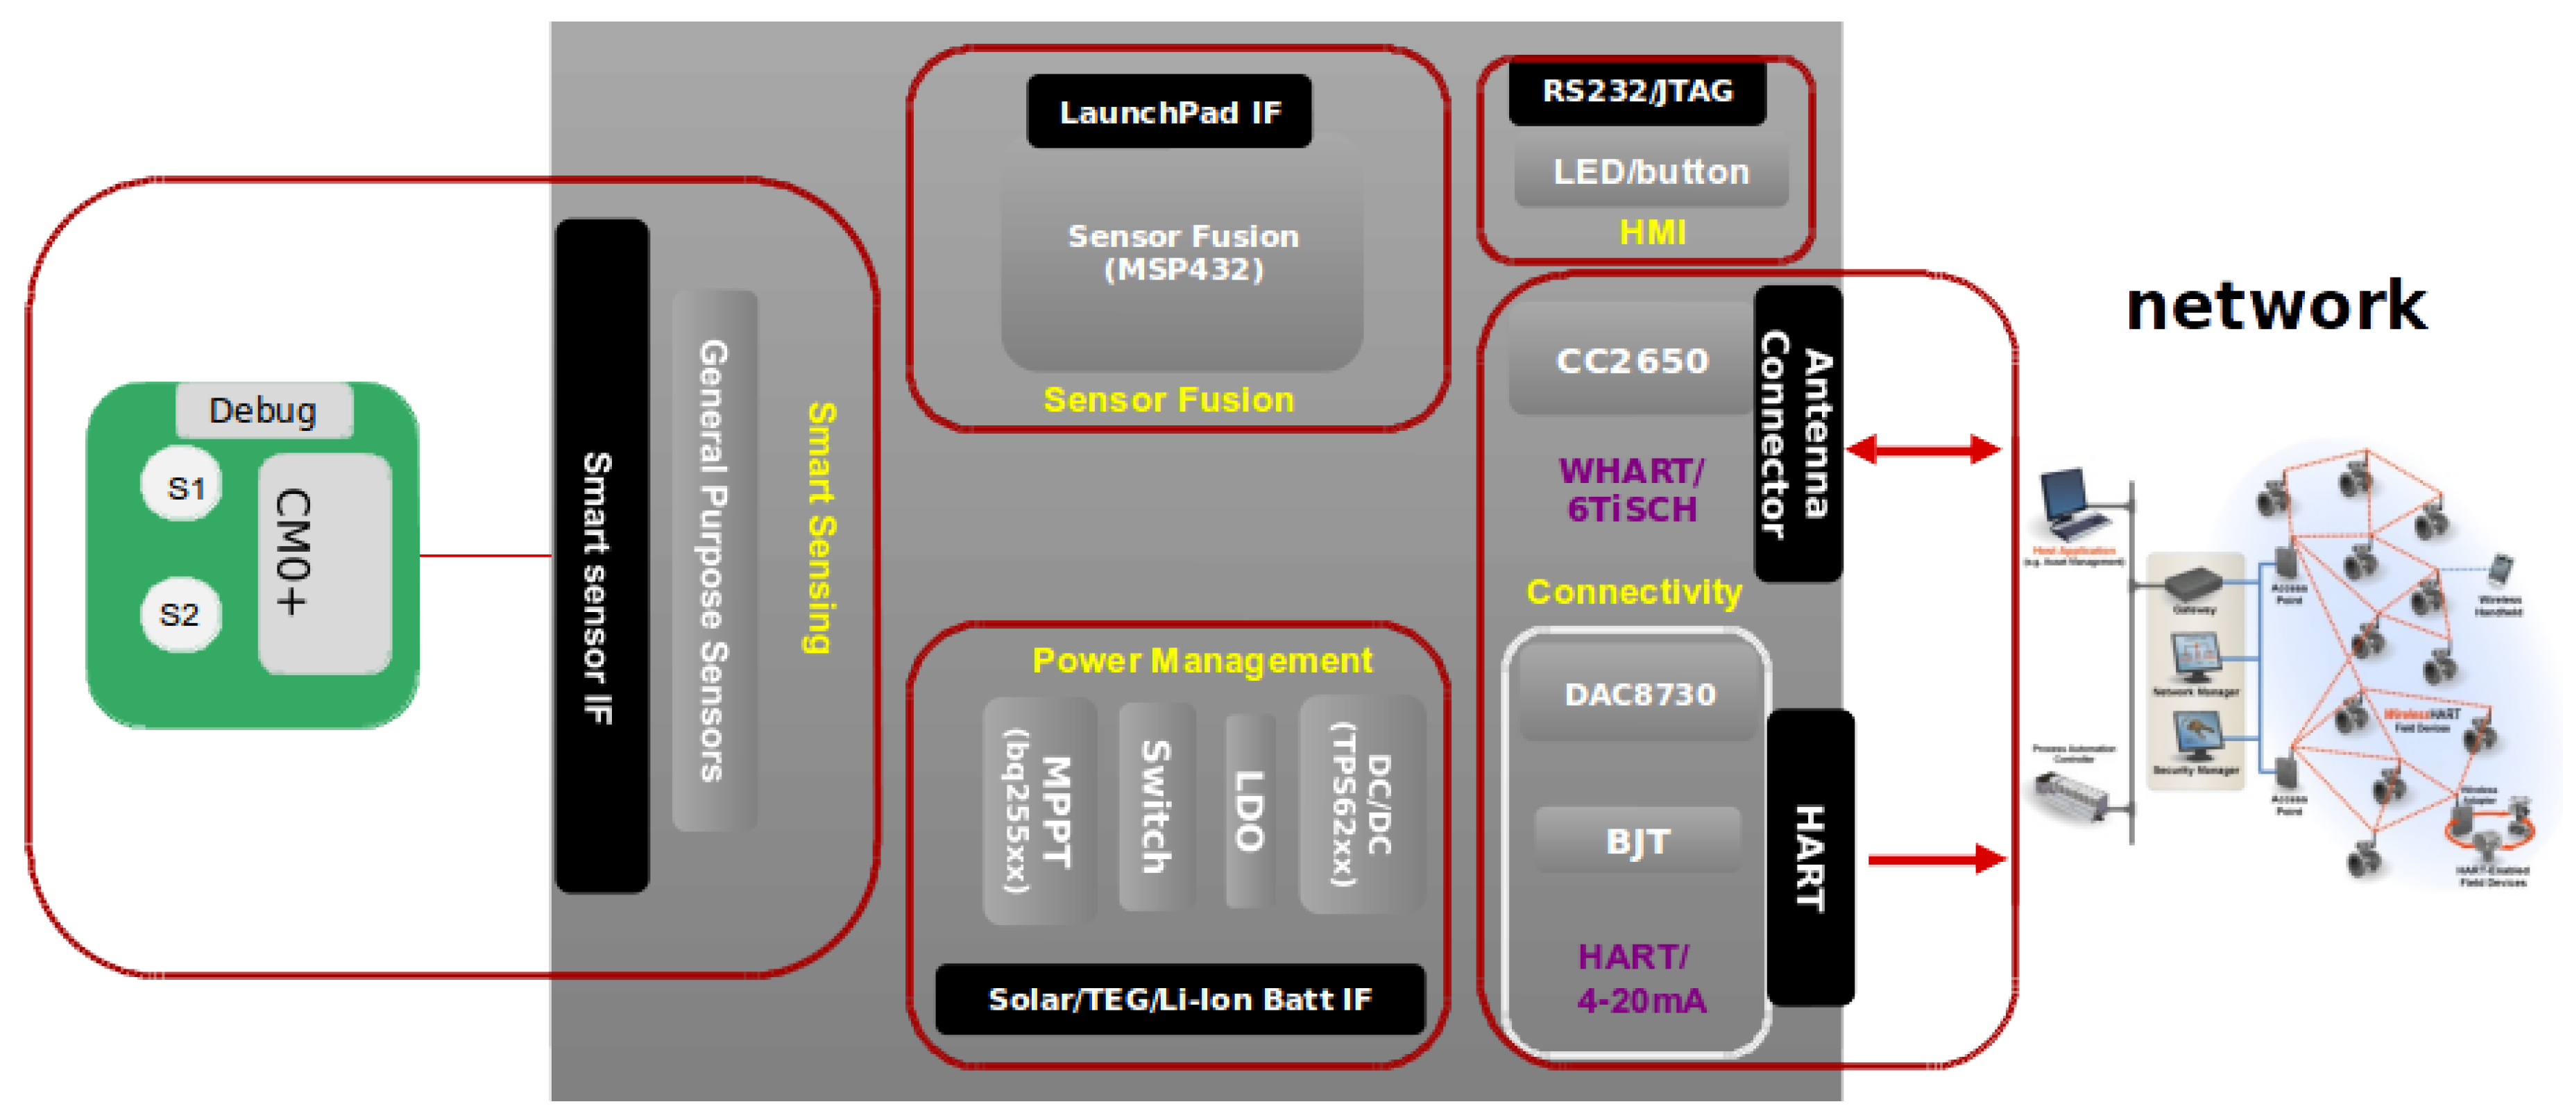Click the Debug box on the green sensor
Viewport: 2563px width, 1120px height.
[264, 410]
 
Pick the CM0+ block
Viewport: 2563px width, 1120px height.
[324, 563]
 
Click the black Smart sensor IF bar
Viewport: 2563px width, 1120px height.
[601, 557]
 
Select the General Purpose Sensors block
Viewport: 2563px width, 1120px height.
[715, 560]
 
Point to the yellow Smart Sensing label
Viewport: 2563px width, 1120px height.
[821, 527]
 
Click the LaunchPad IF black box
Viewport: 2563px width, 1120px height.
[1169, 112]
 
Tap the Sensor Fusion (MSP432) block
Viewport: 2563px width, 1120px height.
[1182, 253]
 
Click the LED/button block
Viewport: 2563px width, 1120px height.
[1651, 172]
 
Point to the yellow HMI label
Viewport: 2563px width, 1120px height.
[1651, 232]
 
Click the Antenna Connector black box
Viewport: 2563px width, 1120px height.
[1797, 434]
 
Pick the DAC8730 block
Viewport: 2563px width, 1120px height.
[1639, 693]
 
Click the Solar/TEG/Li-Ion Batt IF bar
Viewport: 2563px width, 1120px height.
[1180, 999]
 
